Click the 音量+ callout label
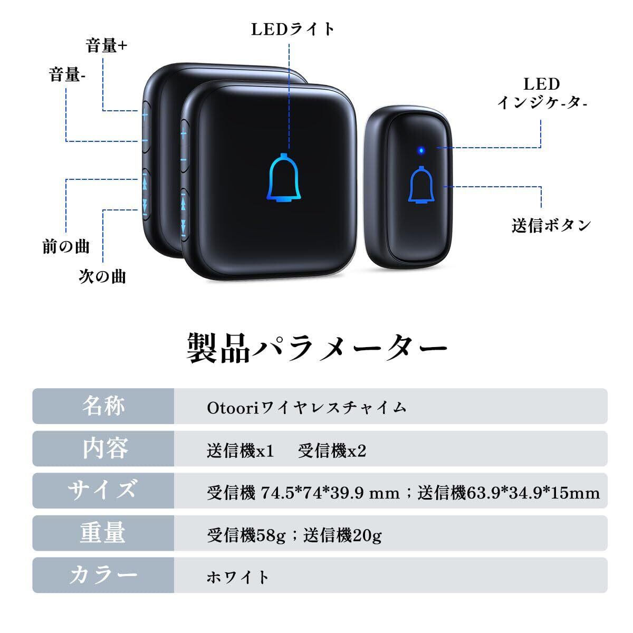[x=107, y=46]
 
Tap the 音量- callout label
[x=68, y=75]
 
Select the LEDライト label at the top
[x=293, y=29]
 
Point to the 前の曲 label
[x=66, y=246]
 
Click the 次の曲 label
[x=102, y=276]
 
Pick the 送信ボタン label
[x=551, y=226]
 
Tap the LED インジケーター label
[x=542, y=93]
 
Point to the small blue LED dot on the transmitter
[x=420, y=150]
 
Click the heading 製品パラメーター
[x=317, y=348]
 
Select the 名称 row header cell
[x=103, y=406]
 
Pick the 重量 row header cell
[x=103, y=533]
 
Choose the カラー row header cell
[x=103, y=575]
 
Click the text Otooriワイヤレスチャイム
[x=306, y=407]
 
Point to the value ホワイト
[x=238, y=576]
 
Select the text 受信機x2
[x=332, y=451]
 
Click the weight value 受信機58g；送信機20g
[x=294, y=535]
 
